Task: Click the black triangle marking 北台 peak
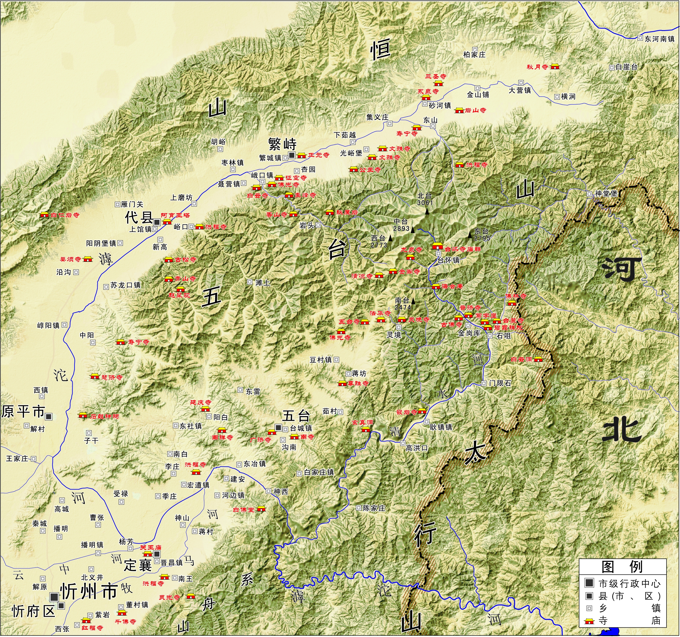click(x=427, y=212)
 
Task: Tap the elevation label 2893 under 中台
click(x=401, y=228)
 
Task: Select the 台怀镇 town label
click(x=448, y=260)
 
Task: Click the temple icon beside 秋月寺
click(x=555, y=67)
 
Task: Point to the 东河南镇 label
click(x=659, y=39)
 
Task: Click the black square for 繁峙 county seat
click(x=291, y=155)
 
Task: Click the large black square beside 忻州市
click(x=54, y=597)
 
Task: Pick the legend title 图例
click(x=622, y=567)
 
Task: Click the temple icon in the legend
click(x=589, y=621)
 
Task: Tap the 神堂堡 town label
click(x=606, y=193)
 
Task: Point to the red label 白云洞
click(x=521, y=359)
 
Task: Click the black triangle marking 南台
click(x=413, y=301)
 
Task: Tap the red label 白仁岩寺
click(x=65, y=215)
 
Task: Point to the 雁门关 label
click(x=132, y=204)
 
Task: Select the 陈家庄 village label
click(x=374, y=508)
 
